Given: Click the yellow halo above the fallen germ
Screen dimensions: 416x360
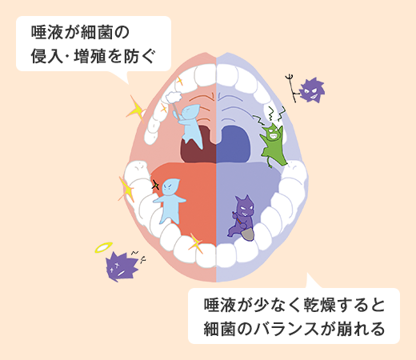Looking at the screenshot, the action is [x=104, y=247].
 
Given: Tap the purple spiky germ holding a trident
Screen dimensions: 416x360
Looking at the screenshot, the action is [x=312, y=90].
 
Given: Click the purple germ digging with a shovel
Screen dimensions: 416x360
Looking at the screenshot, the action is [x=242, y=217].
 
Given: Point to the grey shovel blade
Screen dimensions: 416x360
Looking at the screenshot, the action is [x=248, y=234].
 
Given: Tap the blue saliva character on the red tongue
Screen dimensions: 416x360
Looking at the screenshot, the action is [x=170, y=201].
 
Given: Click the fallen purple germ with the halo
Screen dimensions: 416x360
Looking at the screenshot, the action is [x=121, y=266].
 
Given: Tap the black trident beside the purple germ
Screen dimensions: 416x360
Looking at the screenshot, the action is [x=291, y=87].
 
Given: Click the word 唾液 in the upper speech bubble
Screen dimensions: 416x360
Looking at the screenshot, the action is [x=47, y=32].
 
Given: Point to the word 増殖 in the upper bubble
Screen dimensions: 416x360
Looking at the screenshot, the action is [x=90, y=56].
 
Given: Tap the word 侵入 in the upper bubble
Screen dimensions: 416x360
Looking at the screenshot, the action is [x=47, y=56].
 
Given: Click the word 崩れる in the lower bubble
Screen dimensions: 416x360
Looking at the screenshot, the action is [x=361, y=329].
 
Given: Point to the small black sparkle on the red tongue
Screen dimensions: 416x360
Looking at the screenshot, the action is [x=155, y=185].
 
